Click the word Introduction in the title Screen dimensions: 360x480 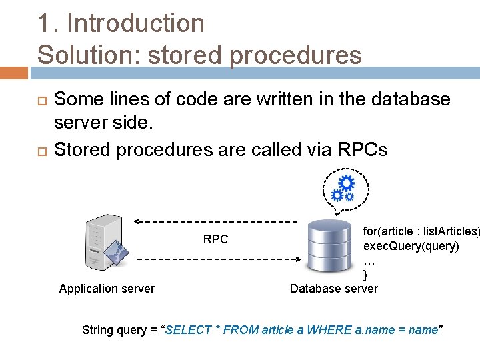135,23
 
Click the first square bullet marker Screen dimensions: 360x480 42,101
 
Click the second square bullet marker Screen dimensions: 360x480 42,151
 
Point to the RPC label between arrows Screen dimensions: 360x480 215,239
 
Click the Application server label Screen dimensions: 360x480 107,289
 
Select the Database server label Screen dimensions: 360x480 333,289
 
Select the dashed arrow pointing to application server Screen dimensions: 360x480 213,221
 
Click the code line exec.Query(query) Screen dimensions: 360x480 411,246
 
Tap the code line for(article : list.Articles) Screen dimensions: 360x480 420,231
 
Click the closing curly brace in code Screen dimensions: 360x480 365,275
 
